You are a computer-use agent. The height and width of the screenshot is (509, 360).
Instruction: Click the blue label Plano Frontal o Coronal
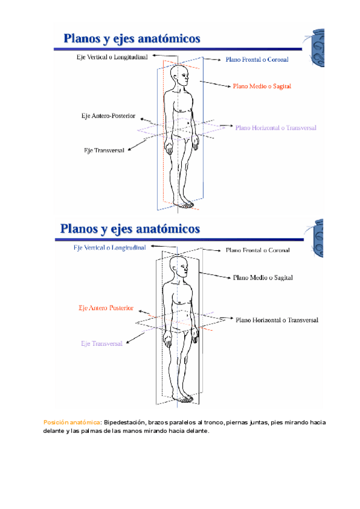[257, 60]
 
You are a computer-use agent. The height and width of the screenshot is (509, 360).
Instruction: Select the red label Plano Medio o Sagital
[262, 86]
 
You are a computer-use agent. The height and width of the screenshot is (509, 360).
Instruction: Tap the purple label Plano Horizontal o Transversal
[275, 128]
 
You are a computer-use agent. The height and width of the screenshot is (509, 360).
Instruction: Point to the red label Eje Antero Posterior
[106, 308]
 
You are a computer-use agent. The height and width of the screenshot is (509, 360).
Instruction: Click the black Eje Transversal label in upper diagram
[104, 150]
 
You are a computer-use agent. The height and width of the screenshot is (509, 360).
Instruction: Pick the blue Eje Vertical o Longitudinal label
[109, 247]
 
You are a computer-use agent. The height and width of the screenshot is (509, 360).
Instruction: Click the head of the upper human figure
[179, 75]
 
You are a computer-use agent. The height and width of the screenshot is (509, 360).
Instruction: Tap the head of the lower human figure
[178, 267]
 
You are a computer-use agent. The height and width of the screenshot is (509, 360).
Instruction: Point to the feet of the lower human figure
[183, 397]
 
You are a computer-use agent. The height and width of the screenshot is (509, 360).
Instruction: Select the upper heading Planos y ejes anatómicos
[132, 39]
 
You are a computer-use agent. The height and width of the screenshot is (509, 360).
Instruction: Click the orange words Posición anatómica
[71, 423]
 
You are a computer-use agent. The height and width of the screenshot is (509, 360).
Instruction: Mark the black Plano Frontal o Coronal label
[257, 250]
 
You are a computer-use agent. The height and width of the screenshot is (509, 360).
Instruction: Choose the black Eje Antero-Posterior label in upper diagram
[108, 115]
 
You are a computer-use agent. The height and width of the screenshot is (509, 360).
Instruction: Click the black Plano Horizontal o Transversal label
[277, 321]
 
